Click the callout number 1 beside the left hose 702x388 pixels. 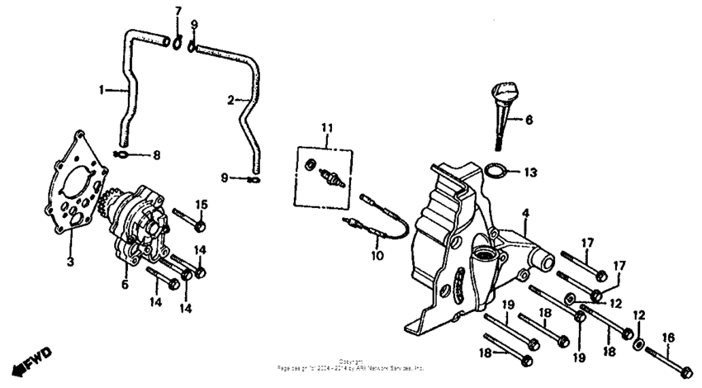[x=103, y=90]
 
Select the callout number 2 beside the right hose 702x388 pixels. [x=232, y=101]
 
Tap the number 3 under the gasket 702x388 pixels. [x=69, y=262]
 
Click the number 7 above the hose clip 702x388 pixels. [x=177, y=10]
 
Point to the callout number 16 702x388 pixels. [x=668, y=338]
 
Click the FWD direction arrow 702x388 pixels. [x=32, y=360]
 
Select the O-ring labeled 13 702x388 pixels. [x=496, y=172]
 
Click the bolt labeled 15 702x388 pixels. [x=189, y=223]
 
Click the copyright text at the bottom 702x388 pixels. [x=351, y=364]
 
